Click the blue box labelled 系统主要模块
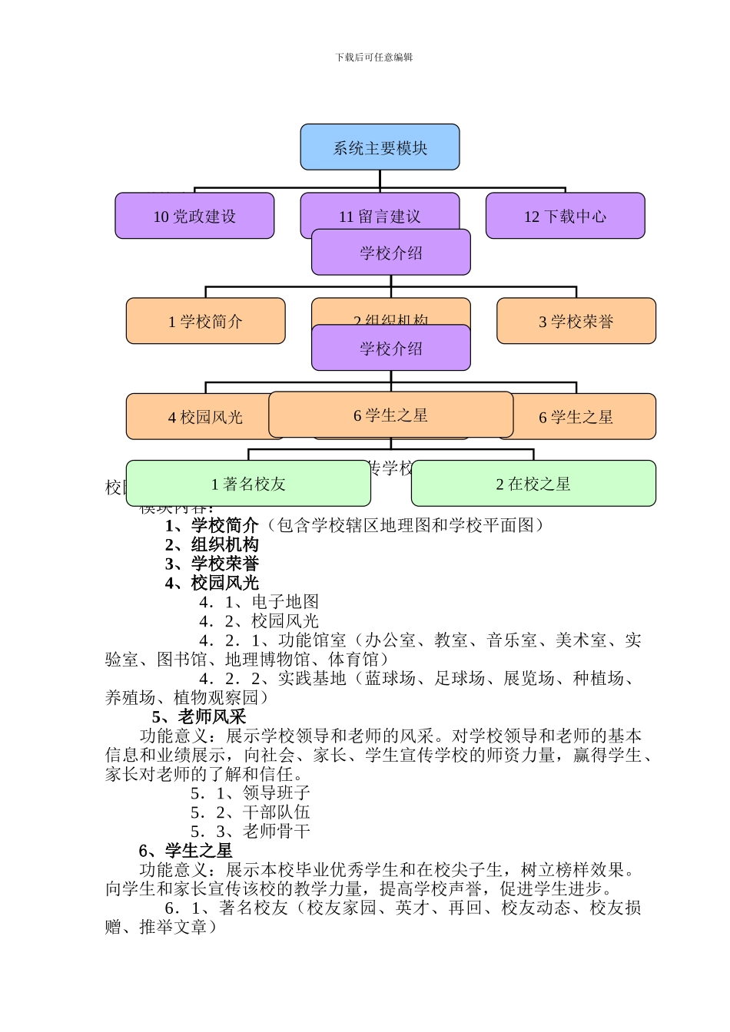[380, 147]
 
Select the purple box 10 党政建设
[194, 216]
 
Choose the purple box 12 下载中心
[565, 216]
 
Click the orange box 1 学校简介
[205, 321]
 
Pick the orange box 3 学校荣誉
[576, 321]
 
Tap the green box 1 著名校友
[247, 484]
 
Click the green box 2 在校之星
[533, 484]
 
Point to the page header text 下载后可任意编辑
[374, 58]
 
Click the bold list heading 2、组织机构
[212, 544]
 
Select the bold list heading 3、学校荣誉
[212, 564]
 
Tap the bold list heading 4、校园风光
[212, 583]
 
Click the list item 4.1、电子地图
[259, 602]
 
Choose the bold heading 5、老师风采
[199, 716]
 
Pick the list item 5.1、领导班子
[251, 792]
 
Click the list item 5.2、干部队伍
[251, 812]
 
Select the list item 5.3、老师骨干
[251, 831]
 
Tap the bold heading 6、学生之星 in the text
[185, 850]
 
